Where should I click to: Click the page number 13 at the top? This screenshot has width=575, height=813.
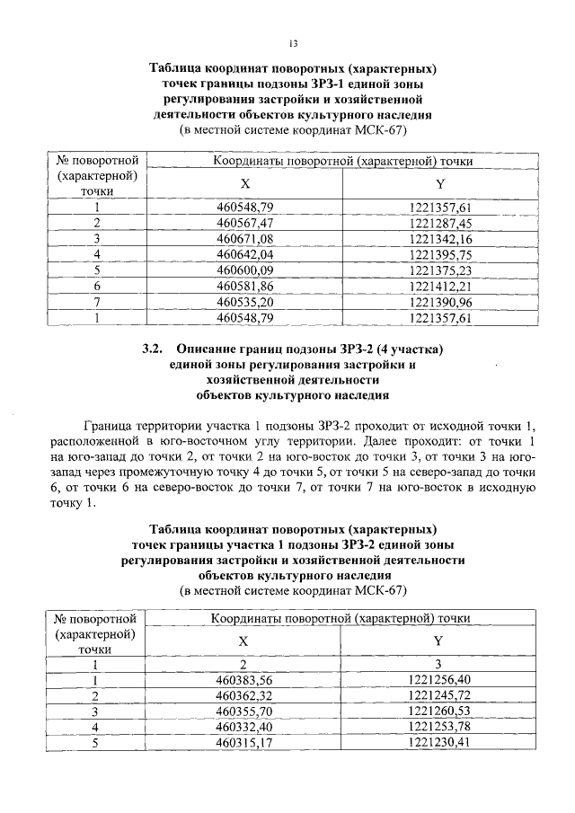pyautogui.click(x=292, y=43)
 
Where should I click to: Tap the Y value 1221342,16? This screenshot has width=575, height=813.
pyautogui.click(x=439, y=238)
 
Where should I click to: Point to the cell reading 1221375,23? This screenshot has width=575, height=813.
pyautogui.click(x=439, y=270)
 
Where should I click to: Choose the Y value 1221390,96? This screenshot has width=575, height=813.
pyautogui.click(x=439, y=302)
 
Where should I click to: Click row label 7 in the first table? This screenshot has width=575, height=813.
pyautogui.click(x=96, y=302)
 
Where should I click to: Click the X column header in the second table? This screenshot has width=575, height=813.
pyautogui.click(x=243, y=641)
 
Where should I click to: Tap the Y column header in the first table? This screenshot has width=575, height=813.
pyautogui.click(x=440, y=184)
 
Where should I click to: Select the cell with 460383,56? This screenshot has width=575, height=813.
pyautogui.click(x=243, y=680)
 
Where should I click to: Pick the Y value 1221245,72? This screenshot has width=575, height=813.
pyautogui.click(x=439, y=696)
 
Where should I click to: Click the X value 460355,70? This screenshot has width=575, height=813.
pyautogui.click(x=243, y=711)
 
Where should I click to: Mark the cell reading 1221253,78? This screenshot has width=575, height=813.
pyautogui.click(x=439, y=727)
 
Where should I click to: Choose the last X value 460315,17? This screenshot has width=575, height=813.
pyautogui.click(x=243, y=743)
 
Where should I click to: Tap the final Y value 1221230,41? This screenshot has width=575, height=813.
pyautogui.click(x=439, y=743)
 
